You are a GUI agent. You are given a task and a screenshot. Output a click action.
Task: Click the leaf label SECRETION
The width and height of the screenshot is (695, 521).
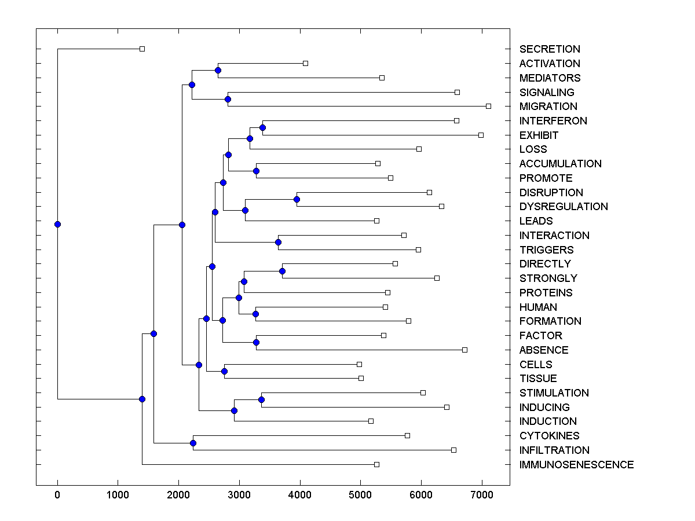(x=550, y=49)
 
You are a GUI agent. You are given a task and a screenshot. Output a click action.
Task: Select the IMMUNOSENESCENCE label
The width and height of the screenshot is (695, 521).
(x=576, y=465)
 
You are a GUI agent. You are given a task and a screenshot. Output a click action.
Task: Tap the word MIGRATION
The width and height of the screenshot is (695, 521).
(x=548, y=107)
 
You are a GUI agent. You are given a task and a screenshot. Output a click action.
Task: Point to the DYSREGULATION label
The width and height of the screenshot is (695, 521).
(x=564, y=207)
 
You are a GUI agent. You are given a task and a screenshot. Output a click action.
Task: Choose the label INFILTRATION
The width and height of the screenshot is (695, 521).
(x=554, y=450)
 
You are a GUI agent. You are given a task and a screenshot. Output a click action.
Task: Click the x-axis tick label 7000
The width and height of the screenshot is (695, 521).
(x=482, y=494)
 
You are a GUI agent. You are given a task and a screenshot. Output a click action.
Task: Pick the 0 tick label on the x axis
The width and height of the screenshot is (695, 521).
(x=57, y=494)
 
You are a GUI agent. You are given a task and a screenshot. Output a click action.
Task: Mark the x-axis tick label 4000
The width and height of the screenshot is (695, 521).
(x=300, y=494)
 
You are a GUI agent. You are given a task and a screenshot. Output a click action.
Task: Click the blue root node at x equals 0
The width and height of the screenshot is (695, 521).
(x=57, y=224)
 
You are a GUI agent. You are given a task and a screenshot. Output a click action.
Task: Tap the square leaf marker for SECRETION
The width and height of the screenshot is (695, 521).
(x=142, y=49)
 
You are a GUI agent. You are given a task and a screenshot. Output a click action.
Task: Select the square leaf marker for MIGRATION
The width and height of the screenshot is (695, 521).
(x=488, y=106)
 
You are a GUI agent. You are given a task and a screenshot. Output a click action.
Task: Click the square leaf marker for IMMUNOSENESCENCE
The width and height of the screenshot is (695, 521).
(x=376, y=464)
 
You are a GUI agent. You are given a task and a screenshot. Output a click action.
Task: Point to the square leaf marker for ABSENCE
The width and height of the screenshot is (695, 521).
(x=464, y=350)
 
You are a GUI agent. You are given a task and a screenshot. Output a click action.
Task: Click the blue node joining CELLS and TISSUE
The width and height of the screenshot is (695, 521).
(x=224, y=371)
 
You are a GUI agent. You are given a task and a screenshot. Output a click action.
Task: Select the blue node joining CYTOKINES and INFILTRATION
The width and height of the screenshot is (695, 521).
(x=193, y=443)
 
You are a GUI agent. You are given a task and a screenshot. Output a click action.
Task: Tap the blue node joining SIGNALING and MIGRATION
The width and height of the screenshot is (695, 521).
(x=228, y=99)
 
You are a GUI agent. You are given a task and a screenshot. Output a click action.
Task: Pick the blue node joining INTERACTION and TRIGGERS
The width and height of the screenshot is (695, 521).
(x=278, y=242)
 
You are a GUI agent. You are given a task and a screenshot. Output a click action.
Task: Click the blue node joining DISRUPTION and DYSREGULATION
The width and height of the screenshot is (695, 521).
(x=297, y=199)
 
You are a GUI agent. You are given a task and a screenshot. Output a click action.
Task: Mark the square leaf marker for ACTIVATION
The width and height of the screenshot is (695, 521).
(x=305, y=63)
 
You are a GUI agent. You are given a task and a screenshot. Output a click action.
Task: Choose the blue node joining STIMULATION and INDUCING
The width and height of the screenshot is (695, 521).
(x=261, y=399)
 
